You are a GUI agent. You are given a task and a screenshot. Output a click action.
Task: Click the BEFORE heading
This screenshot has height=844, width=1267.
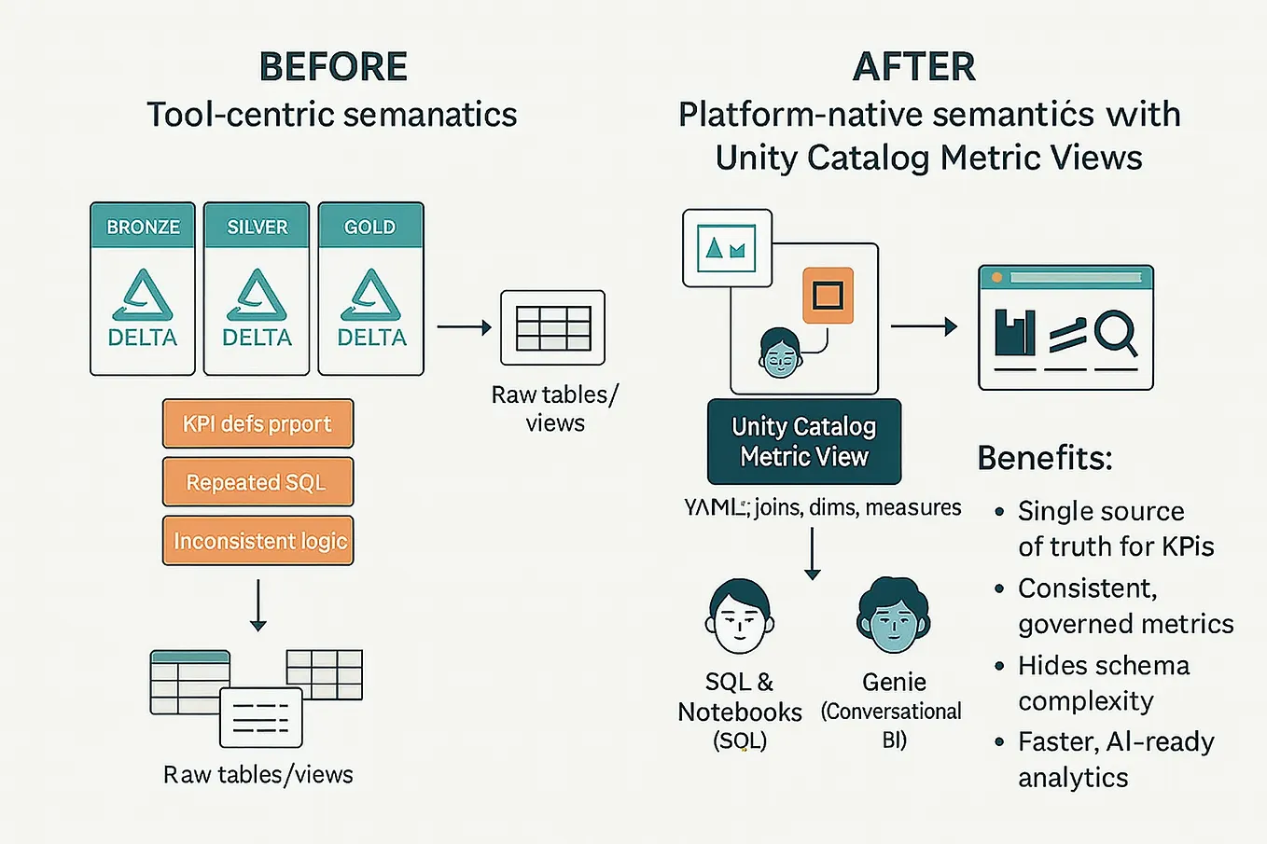pyautogui.click(x=333, y=67)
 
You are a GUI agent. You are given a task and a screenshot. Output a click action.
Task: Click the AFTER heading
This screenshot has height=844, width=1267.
pyautogui.click(x=914, y=67)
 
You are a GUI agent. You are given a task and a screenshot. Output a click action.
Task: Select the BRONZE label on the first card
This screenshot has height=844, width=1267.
pyautogui.click(x=143, y=227)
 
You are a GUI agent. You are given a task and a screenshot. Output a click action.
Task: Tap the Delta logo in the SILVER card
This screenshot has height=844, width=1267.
pyautogui.click(x=257, y=297)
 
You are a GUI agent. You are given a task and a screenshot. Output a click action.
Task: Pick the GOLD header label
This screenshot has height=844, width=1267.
pyautogui.click(x=370, y=227)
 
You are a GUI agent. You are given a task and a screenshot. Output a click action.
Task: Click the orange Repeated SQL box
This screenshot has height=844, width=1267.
pyautogui.click(x=258, y=482)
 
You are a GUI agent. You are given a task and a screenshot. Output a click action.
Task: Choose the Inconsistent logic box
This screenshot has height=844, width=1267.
pyautogui.click(x=258, y=541)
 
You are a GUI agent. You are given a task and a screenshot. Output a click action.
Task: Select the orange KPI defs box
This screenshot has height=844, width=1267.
pyautogui.click(x=258, y=424)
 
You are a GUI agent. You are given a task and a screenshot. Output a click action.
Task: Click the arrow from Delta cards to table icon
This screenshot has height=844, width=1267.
pyautogui.click(x=464, y=327)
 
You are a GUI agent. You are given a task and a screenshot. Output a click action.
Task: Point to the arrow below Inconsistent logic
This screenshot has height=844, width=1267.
pyautogui.click(x=258, y=605)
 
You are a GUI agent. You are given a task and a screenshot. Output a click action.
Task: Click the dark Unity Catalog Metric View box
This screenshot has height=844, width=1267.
pyautogui.click(x=804, y=442)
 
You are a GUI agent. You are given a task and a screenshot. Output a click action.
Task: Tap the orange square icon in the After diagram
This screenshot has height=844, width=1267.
pyautogui.click(x=828, y=296)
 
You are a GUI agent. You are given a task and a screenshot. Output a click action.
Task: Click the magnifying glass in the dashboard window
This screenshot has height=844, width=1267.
pyautogui.click(x=1116, y=333)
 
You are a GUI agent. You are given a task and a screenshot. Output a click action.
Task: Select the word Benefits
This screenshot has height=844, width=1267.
pyautogui.click(x=1045, y=458)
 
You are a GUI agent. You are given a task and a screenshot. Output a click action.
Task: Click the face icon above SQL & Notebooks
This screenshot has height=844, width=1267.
pyautogui.click(x=739, y=617)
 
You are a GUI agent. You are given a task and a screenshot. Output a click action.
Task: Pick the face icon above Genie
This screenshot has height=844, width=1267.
pyautogui.click(x=893, y=616)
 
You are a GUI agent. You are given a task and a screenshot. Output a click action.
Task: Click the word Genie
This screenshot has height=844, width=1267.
pyautogui.click(x=894, y=682)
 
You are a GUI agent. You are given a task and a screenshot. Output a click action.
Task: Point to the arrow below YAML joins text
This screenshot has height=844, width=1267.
pyautogui.click(x=813, y=554)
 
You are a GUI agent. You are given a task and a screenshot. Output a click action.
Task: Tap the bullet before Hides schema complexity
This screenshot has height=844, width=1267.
pyautogui.click(x=999, y=666)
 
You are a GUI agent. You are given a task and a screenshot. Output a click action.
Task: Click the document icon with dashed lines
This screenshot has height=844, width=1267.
pyautogui.click(x=260, y=717)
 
